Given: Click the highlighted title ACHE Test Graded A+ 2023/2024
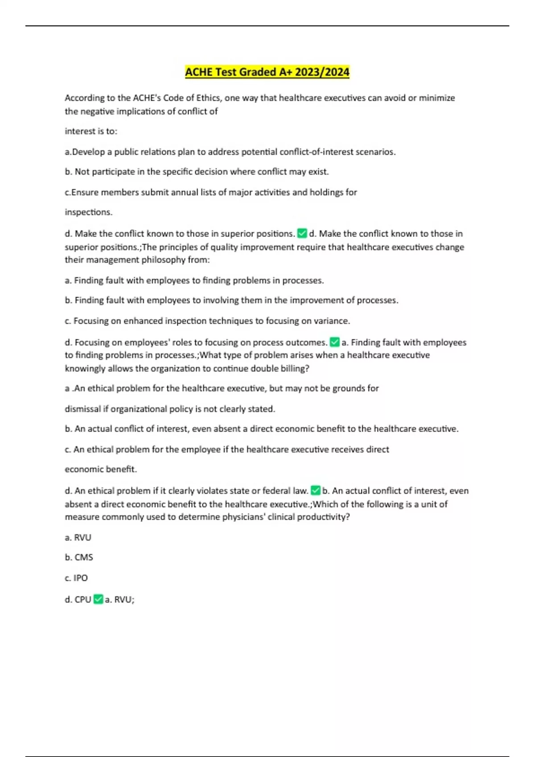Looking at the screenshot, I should point(267,72).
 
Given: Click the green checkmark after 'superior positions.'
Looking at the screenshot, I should point(302,233).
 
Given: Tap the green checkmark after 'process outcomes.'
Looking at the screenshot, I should point(334,342).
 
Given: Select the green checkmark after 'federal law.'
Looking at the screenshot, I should point(315,490).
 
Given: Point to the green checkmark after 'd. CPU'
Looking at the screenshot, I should point(98,599).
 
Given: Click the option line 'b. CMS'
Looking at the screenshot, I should point(79,558).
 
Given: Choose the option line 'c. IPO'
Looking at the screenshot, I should point(76,578).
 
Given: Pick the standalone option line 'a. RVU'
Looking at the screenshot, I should point(78,537).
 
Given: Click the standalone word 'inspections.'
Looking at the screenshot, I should point(88,212).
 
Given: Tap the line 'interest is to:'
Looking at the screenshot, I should point(91,131).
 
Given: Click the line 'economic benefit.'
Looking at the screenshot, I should point(101,469).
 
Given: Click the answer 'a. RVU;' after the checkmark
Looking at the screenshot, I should point(119,600).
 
